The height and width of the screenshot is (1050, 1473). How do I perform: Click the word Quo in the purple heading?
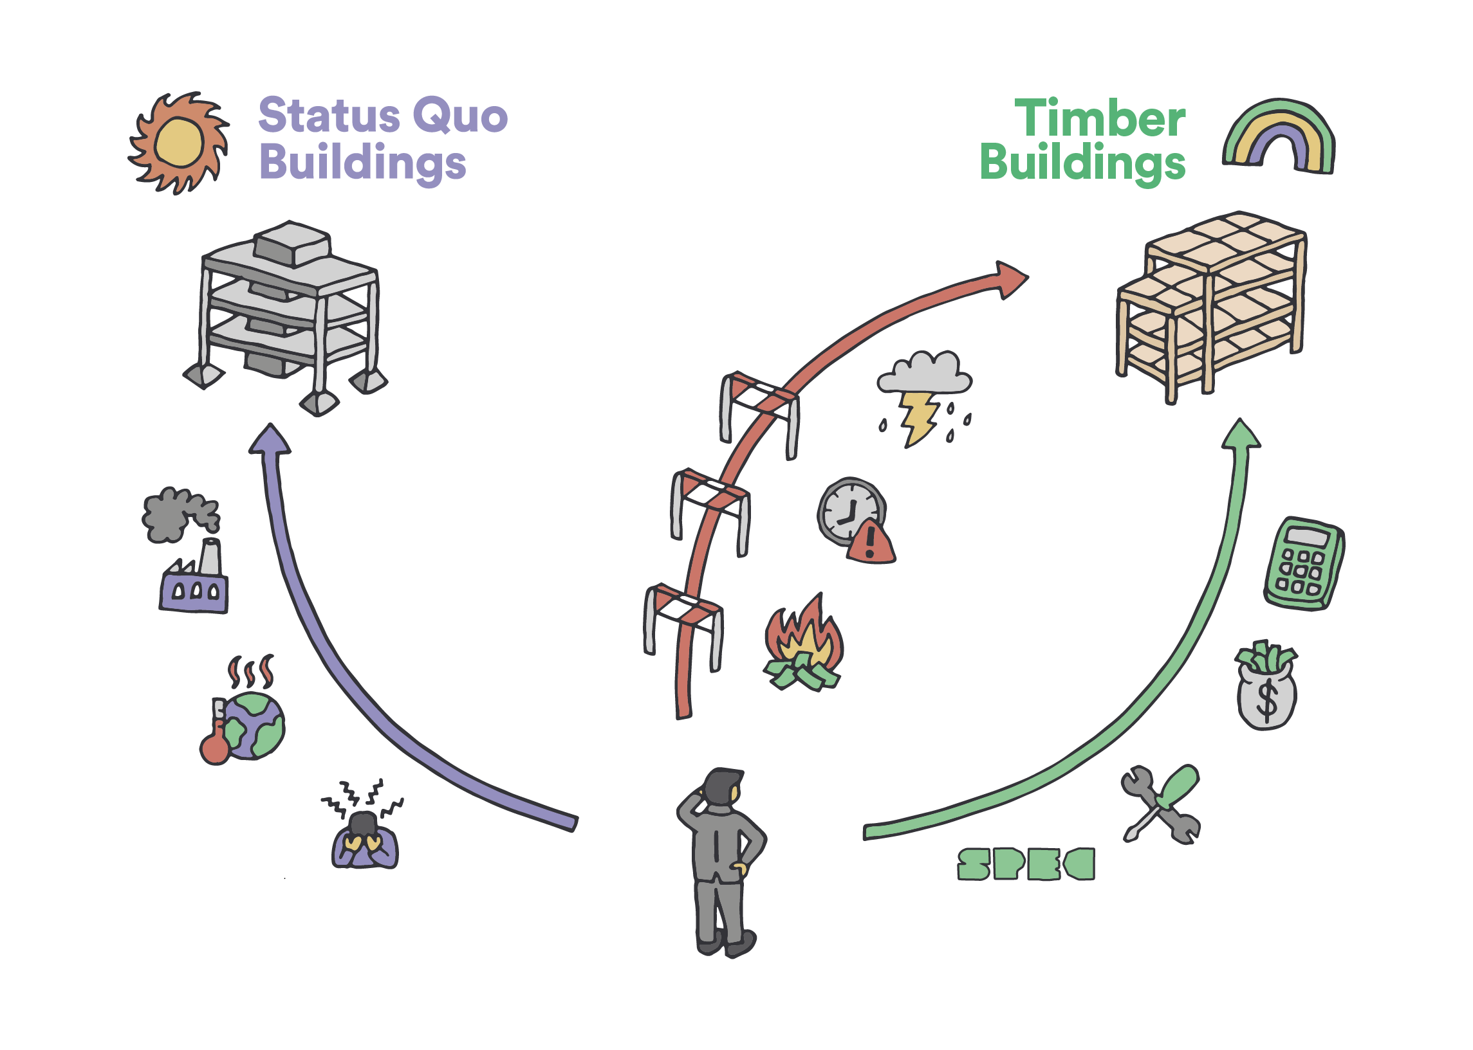click(x=459, y=116)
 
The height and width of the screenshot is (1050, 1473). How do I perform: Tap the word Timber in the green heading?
click(x=1099, y=119)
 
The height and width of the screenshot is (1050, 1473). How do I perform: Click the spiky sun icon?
click(x=178, y=143)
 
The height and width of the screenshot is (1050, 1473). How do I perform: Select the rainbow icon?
click(x=1278, y=137)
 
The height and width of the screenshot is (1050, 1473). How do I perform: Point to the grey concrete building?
click(x=288, y=311)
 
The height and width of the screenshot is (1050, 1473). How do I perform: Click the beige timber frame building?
click(x=1210, y=304)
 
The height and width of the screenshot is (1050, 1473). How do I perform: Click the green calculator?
click(x=1303, y=563)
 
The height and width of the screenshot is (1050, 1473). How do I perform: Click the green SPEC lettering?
click(x=1025, y=864)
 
